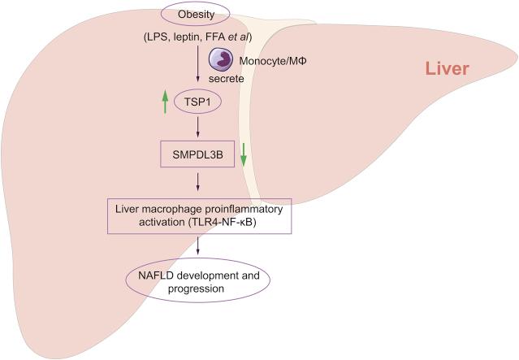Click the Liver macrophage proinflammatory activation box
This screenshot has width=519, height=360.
(x=199, y=218)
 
